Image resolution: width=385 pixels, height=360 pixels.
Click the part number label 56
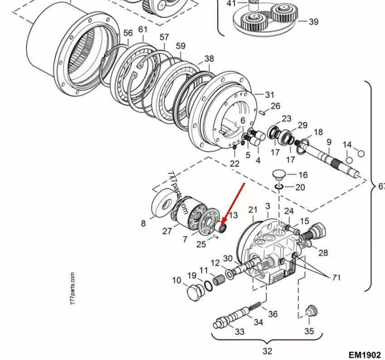128,33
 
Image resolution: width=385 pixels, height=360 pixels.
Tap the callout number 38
209,58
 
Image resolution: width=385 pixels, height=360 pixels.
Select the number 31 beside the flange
270,95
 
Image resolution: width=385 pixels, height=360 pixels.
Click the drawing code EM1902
365,355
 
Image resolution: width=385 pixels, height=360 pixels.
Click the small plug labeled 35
311,310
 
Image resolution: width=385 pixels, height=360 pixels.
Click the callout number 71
336,277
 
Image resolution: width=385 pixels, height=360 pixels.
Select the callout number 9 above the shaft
329,142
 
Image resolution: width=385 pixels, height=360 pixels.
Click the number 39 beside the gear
313,21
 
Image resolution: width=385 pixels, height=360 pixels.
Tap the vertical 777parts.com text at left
73,289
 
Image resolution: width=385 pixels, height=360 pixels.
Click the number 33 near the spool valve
239,331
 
